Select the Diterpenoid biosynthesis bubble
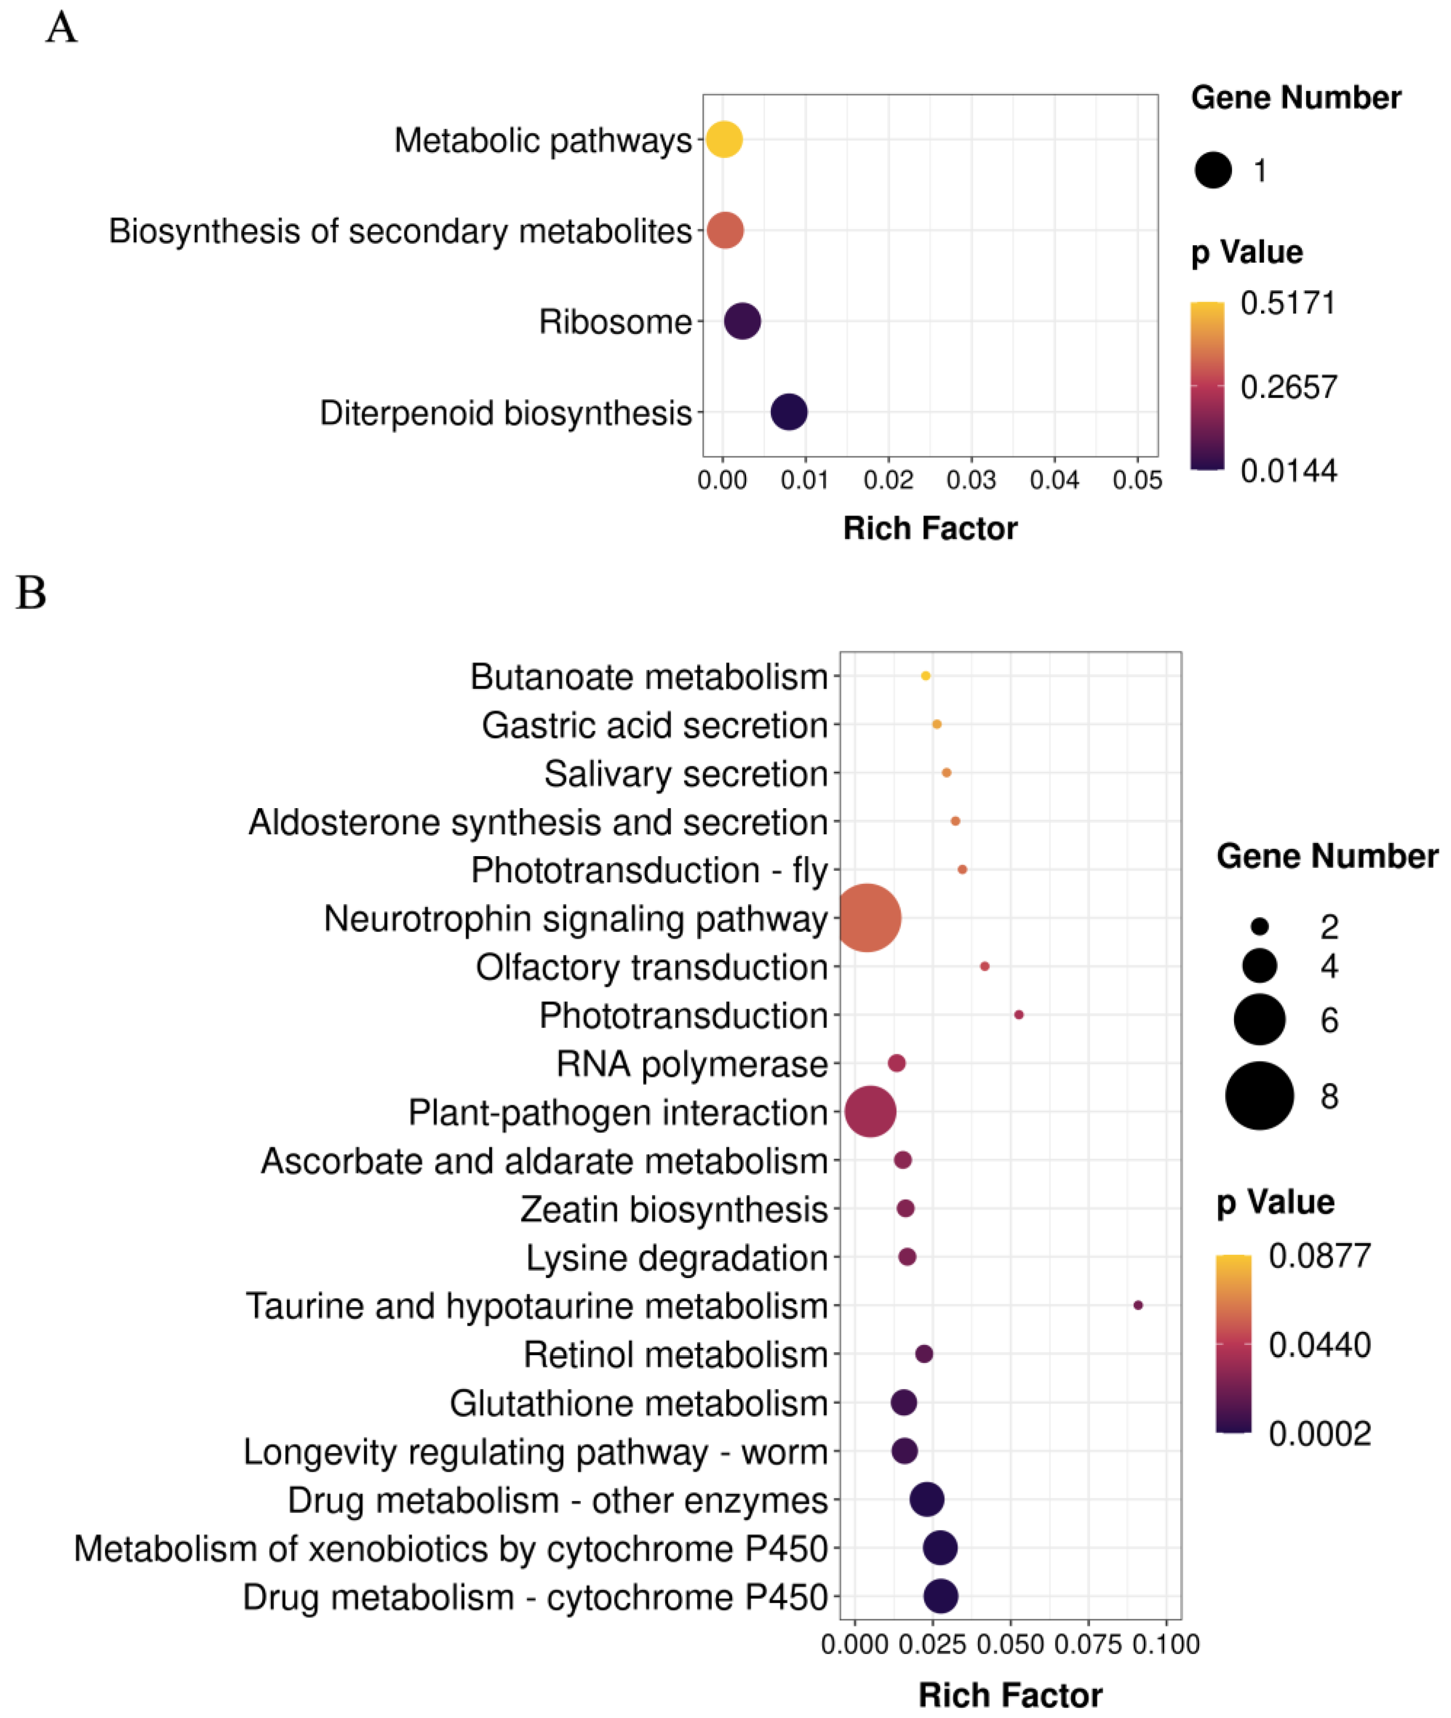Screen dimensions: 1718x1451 pyautogui.click(x=789, y=411)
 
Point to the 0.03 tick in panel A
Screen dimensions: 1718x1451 pyautogui.click(x=971, y=480)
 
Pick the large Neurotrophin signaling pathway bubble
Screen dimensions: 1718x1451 pyautogui.click(x=867, y=918)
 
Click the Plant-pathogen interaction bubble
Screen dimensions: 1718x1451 pyautogui.click(x=870, y=1111)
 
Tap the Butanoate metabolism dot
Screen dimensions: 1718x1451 pyautogui.click(x=925, y=676)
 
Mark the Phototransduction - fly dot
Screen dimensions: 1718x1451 pyautogui.click(x=962, y=869)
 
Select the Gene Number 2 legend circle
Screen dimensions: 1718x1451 pyautogui.click(x=1259, y=927)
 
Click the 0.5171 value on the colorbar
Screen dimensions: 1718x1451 pyautogui.click(x=1288, y=303)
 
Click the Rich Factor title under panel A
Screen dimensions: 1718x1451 pyautogui.click(x=930, y=528)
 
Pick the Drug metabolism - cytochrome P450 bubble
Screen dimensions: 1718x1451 pyautogui.click(x=941, y=1596)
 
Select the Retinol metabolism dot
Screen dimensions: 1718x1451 pyautogui.click(x=924, y=1354)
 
